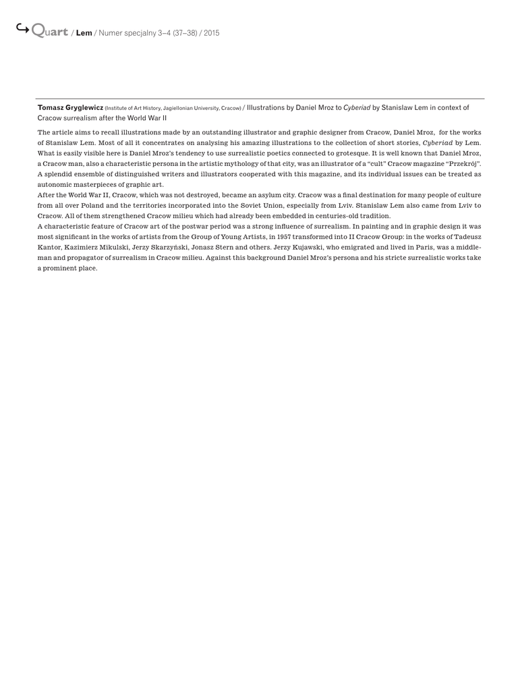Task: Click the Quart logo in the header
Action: [x=49, y=31]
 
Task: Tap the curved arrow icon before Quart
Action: [x=22, y=28]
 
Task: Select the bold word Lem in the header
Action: [x=84, y=32]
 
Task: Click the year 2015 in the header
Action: [x=211, y=32]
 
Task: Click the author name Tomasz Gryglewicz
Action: [x=70, y=107]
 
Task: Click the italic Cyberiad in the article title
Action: [x=357, y=107]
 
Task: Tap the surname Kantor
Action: [x=49, y=248]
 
